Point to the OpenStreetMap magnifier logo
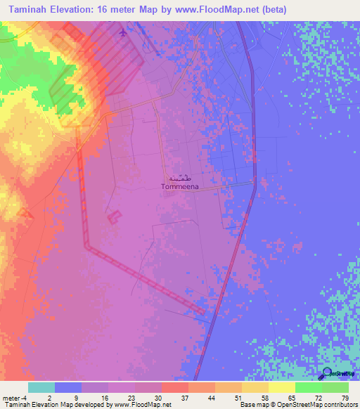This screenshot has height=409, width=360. pyautogui.click(x=327, y=375)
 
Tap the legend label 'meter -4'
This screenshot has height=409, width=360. pyautogui.click(x=14, y=398)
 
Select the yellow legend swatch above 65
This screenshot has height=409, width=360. pyautogui.click(x=281, y=387)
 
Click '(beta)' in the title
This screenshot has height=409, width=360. pyautogui.click(x=271, y=10)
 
